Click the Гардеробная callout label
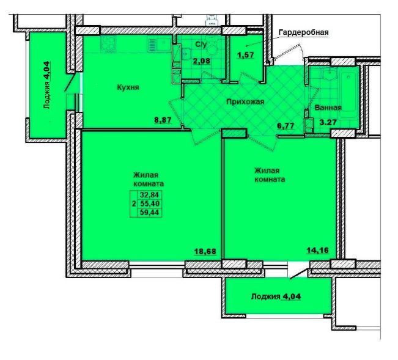[304, 33]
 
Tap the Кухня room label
[128, 87]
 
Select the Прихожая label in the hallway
[245, 101]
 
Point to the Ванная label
[328, 108]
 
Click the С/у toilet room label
[201, 45]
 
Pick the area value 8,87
[163, 120]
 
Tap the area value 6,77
[286, 125]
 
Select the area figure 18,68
[205, 251]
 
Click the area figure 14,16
[317, 251]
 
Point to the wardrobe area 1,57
[246, 55]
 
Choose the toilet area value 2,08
[202, 61]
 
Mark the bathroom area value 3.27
[328, 122]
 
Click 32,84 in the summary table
[150, 195]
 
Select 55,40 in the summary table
[150, 204]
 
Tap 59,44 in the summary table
[150, 212]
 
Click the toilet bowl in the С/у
[212, 48]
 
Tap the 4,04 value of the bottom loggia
[291, 296]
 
